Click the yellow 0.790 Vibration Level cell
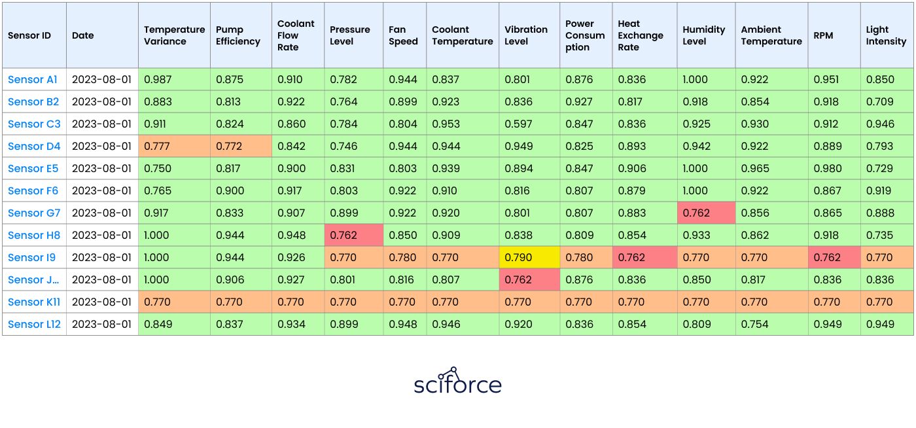pyautogui.click(x=529, y=257)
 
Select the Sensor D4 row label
pyautogui.click(x=34, y=146)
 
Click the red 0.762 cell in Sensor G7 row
pyautogui.click(x=706, y=213)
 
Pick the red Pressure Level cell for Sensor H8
pyautogui.click(x=354, y=236)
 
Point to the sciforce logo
pyautogui.click(x=457, y=381)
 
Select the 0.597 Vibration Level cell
pyautogui.click(x=529, y=124)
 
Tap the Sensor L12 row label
pyautogui.click(x=34, y=324)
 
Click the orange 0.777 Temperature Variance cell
pyautogui.click(x=174, y=146)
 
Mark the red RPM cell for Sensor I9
pyautogui.click(x=834, y=257)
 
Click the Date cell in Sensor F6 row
pyautogui.click(x=102, y=190)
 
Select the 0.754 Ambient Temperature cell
pyautogui.click(x=771, y=324)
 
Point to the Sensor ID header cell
pyautogui.click(x=34, y=35)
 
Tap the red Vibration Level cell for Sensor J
pyautogui.click(x=529, y=280)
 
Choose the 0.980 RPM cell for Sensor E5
pyautogui.click(x=834, y=169)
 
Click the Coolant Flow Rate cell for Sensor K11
pyautogui.click(x=298, y=302)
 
